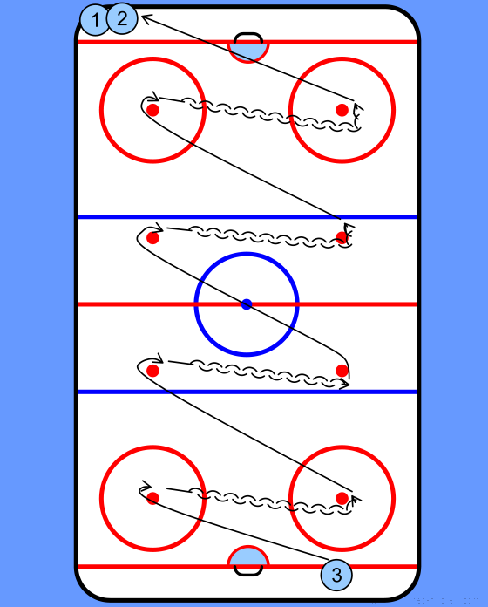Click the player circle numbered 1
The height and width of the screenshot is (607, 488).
click(x=94, y=19)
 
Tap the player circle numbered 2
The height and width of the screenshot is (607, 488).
click(x=122, y=18)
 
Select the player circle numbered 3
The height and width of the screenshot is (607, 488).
click(x=336, y=575)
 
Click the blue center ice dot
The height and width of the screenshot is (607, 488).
click(x=247, y=304)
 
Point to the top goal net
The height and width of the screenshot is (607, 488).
click(x=248, y=38)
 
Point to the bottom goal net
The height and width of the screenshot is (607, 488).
click(x=248, y=570)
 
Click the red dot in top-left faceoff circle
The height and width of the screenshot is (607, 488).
click(x=152, y=110)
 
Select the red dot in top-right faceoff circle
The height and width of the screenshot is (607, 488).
click(x=342, y=110)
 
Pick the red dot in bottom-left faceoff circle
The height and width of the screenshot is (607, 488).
click(x=152, y=498)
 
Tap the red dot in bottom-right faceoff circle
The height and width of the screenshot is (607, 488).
click(x=342, y=498)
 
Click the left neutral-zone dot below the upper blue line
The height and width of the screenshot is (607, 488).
click(x=152, y=238)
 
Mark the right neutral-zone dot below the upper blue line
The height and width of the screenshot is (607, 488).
click(x=342, y=237)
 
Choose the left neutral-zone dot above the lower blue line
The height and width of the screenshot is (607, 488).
click(x=152, y=371)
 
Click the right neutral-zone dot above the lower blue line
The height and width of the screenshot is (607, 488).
click(x=342, y=371)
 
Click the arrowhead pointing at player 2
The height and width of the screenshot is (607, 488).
click(x=146, y=18)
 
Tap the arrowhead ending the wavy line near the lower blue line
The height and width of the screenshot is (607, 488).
click(x=345, y=384)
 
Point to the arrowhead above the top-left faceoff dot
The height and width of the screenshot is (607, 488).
click(x=154, y=97)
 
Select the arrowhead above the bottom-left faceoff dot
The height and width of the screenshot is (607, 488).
click(x=146, y=486)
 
